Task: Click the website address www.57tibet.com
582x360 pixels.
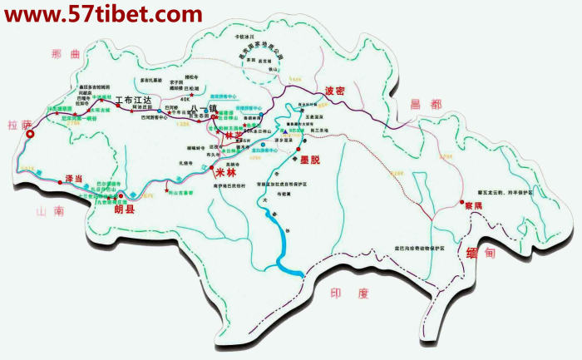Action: (x=102, y=14)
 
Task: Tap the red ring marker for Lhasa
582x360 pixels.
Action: (x=30, y=133)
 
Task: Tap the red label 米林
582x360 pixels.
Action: (x=225, y=172)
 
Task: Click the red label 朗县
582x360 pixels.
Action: (x=123, y=210)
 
